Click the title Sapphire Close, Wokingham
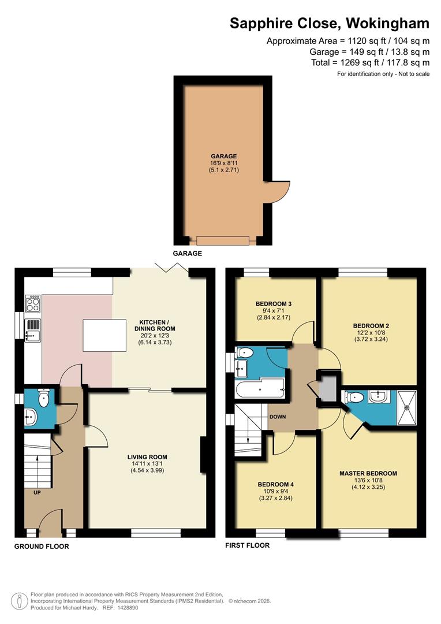(330, 24)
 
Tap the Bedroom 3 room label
(274, 304)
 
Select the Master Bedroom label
(368, 473)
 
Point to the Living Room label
(147, 456)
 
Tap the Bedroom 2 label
(371, 326)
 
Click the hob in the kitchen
(33, 303)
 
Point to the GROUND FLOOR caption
(42, 546)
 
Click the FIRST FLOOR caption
(248, 545)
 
